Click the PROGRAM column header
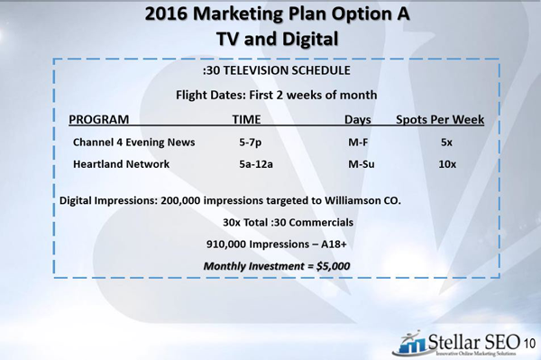98,119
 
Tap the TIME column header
246,119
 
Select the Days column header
358,120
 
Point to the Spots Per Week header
440,119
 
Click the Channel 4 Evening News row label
133,143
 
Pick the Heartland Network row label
121,164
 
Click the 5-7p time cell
250,143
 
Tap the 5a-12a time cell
256,164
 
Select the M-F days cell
358,143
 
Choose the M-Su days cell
362,164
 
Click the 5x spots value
446,143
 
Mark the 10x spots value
447,164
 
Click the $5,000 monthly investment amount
333,266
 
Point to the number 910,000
226,245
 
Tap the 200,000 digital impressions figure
180,200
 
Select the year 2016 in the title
166,14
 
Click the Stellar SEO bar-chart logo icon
410,343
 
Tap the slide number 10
529,344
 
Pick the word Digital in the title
308,40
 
